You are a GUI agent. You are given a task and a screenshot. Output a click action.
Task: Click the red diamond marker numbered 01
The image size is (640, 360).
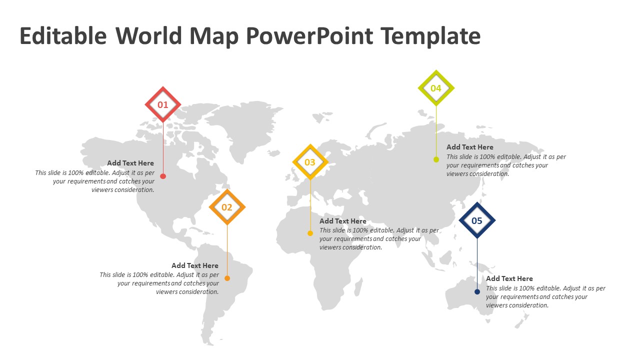163,104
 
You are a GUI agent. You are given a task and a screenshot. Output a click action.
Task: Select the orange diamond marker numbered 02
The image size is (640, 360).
227,207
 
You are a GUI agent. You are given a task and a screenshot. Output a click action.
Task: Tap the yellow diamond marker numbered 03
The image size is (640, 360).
310,162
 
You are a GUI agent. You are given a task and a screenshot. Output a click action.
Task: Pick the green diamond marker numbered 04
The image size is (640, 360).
436,88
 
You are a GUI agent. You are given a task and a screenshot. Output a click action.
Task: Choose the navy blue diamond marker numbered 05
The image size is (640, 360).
477,220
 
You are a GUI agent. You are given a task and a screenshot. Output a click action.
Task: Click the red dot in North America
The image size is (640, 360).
163,176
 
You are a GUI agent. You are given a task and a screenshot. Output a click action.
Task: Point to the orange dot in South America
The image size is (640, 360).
227,278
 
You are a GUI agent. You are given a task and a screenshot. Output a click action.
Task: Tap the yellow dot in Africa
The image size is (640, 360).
310,233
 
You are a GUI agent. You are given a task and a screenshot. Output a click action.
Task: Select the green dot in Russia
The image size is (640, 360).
436,159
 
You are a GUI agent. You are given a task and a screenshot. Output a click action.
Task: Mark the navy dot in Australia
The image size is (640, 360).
477,291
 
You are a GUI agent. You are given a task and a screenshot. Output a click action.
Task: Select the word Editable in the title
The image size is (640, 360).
63,36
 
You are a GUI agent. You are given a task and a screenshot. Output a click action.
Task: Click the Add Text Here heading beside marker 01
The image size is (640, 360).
130,163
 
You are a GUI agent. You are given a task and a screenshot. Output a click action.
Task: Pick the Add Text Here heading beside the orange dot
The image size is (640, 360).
195,265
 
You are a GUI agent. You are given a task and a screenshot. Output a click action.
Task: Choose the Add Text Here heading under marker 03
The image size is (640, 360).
343,221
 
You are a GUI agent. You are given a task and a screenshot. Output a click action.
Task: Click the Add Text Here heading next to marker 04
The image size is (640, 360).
470,147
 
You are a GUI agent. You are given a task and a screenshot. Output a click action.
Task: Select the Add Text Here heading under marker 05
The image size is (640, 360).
509,278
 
